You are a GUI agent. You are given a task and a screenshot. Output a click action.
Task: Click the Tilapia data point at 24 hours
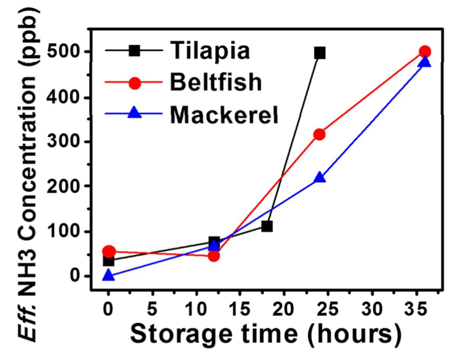(x=320, y=53)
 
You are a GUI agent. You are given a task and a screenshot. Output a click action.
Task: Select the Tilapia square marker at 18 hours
(x=267, y=226)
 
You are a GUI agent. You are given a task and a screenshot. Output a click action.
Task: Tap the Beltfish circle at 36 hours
(x=425, y=52)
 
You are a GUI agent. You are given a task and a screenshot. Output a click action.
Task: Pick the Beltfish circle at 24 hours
(x=320, y=134)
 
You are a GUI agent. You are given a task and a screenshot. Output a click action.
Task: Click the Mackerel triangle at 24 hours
(x=320, y=177)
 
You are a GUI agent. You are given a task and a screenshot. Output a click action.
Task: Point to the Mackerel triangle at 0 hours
(x=108, y=275)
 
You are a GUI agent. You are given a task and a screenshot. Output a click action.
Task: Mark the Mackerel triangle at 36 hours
(x=425, y=61)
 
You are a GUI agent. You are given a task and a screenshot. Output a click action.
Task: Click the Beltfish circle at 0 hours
(x=108, y=251)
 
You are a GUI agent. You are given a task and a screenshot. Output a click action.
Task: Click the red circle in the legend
(x=135, y=84)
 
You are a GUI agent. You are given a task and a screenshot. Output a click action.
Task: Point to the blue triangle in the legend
(x=135, y=114)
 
